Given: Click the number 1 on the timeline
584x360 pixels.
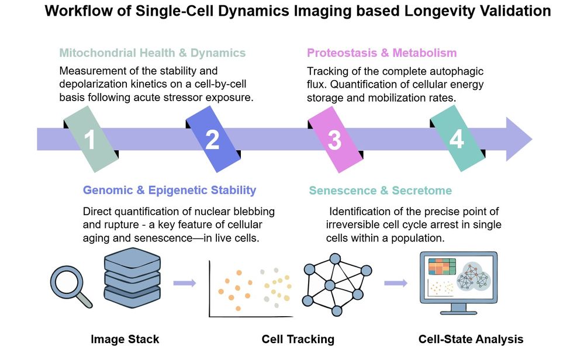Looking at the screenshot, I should pos(89,140).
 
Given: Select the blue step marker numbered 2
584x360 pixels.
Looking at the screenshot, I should pos(212,140).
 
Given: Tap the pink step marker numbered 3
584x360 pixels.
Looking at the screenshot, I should pos(334,140).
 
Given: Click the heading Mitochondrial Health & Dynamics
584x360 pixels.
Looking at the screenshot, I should pos(153,53).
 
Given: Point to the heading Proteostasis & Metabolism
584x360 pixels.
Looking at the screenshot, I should pos(382,53).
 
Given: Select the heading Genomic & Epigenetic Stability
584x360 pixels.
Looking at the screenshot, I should pos(170,190).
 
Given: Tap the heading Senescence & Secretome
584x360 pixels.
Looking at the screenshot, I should pos(380,191).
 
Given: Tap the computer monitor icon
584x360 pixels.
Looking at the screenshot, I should pos(458,282).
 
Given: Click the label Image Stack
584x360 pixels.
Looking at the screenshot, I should pos(125,339).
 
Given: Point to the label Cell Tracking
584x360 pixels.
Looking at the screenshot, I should pos(298,339).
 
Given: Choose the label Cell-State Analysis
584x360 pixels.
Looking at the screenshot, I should pos(471,339).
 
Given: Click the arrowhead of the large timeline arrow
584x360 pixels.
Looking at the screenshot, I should pos(517,140).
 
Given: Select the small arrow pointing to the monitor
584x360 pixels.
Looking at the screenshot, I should pos(396,283).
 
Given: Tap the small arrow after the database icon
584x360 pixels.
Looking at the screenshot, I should pos(185,283).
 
